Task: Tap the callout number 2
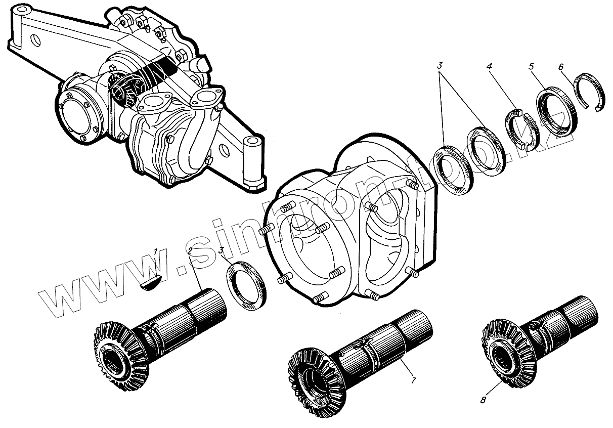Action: click(x=190, y=251)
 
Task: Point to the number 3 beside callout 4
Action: click(x=441, y=65)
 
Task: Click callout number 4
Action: click(x=489, y=65)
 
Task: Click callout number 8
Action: click(x=483, y=400)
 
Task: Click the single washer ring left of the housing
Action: click(x=245, y=286)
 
